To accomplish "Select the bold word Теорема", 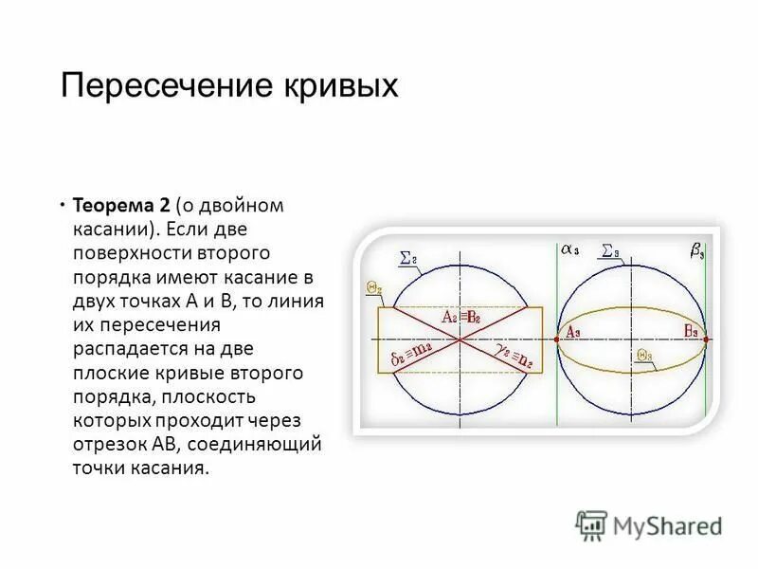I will click(114, 206).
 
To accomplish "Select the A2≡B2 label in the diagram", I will click(461, 318).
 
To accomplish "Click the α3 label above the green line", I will click(569, 251).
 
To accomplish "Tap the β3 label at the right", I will click(695, 251).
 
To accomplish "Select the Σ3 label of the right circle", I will click(610, 252).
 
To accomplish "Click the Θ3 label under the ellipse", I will click(644, 356).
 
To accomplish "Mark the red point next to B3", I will click(707, 339).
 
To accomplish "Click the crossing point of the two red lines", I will click(460, 339).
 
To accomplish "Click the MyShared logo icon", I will click(592, 524).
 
